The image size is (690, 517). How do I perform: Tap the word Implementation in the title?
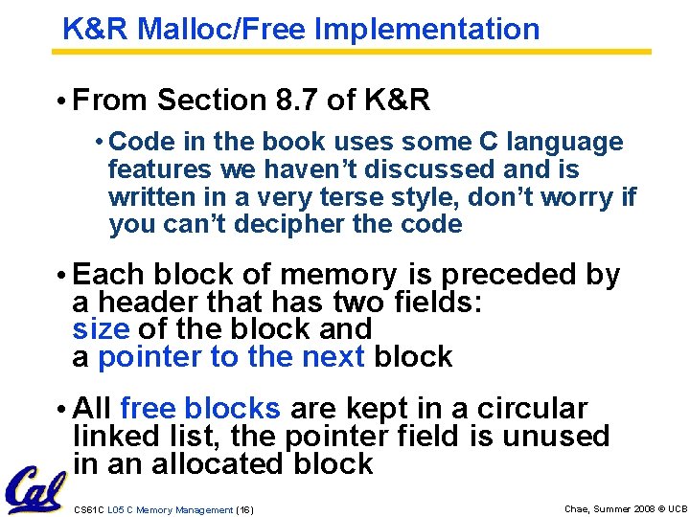[x=426, y=30]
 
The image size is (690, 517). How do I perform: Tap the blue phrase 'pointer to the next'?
[x=232, y=357]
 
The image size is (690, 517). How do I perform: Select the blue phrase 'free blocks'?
[x=200, y=409]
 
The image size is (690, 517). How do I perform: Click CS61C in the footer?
[x=88, y=509]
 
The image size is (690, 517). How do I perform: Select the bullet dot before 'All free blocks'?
[x=60, y=410]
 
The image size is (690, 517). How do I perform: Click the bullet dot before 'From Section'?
[x=60, y=101]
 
